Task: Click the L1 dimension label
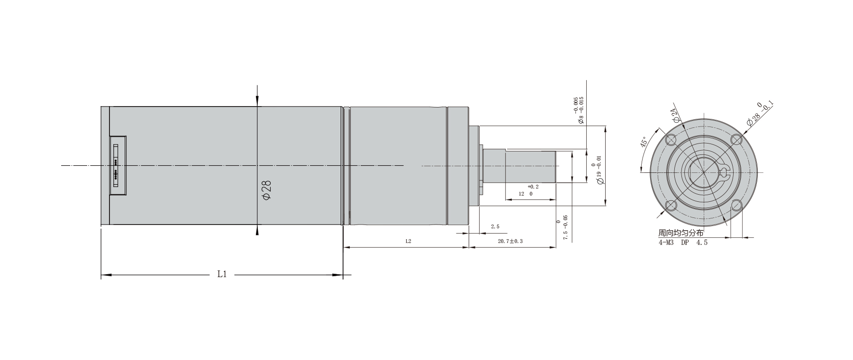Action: click(222, 274)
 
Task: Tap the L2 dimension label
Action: click(408, 241)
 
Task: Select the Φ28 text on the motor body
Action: click(267, 190)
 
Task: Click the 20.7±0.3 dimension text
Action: click(510, 241)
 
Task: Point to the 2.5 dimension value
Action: click(495, 227)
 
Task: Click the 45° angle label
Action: click(644, 143)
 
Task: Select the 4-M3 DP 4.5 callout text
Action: click(683, 243)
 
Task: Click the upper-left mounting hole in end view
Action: click(671, 140)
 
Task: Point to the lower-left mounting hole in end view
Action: click(671, 205)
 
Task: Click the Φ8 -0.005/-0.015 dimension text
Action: click(579, 110)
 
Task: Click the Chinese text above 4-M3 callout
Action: click(681, 234)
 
